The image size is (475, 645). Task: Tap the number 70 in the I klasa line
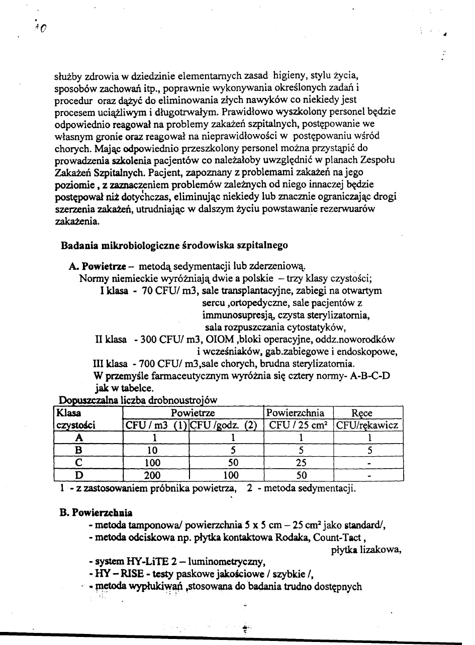(x=148, y=290)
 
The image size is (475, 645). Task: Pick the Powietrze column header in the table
(x=193, y=413)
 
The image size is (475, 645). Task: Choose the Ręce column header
(x=362, y=413)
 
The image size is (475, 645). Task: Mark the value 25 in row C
(x=299, y=462)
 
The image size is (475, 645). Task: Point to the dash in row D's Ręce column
(x=369, y=475)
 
